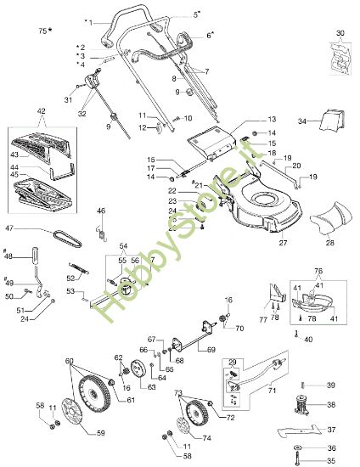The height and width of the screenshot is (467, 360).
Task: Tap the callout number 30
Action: (x=340, y=32)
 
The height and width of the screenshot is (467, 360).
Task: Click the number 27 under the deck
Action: (x=283, y=243)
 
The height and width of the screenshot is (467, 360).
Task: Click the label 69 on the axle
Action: (x=235, y=349)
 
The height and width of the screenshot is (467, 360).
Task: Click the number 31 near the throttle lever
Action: (x=68, y=100)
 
